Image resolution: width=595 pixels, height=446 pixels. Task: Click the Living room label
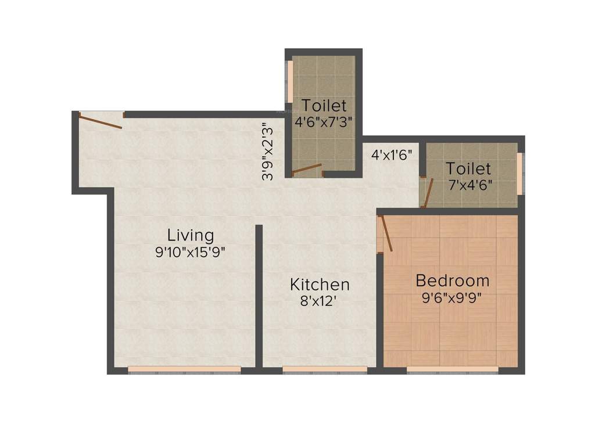point(191,235)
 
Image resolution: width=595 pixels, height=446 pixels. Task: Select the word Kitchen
point(320,285)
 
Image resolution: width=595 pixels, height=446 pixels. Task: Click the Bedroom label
point(453,281)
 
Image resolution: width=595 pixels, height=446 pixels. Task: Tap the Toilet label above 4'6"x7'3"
point(324,106)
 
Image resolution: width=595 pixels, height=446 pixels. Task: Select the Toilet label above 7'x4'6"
point(468,169)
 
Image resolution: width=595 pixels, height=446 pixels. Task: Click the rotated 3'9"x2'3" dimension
point(267,151)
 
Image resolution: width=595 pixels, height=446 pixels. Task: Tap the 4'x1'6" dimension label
point(392,155)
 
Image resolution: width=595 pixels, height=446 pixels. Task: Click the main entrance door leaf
point(101,122)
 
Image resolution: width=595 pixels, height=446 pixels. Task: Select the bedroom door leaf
point(386,233)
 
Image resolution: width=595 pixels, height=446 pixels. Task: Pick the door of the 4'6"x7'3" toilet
point(306,170)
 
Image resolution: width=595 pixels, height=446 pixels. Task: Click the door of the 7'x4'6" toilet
point(428,193)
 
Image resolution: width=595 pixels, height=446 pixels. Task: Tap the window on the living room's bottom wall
point(184,369)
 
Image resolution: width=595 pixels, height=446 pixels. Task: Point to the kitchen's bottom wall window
point(325,369)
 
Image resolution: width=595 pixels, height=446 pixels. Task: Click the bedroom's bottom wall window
point(452,369)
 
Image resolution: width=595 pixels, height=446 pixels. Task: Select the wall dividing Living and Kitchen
point(259,296)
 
